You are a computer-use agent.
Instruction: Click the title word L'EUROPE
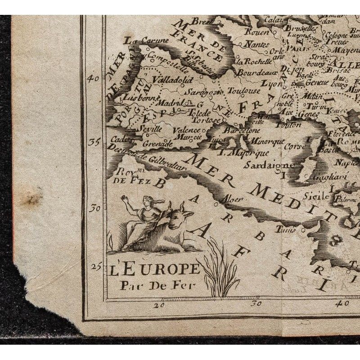(x=154, y=270)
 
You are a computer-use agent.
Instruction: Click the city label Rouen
(x=257, y=32)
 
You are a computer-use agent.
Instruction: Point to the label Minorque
(x=267, y=141)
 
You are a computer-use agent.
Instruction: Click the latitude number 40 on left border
(x=94, y=78)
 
